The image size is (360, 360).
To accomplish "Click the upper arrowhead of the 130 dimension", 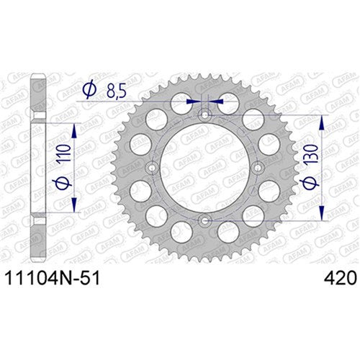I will (x=320, y=120).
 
